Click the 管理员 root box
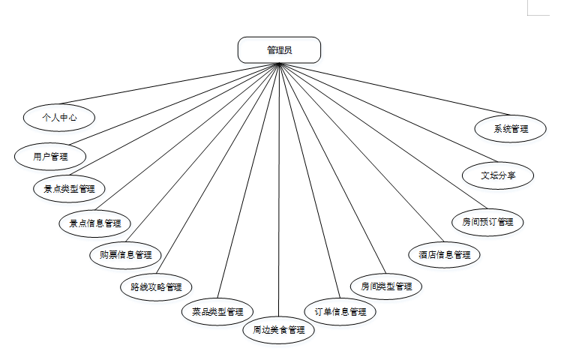click(x=279, y=50)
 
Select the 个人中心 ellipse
click(x=58, y=117)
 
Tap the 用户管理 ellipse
click(x=50, y=156)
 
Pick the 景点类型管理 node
click(x=69, y=188)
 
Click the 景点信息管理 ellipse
click(x=94, y=223)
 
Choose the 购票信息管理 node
click(x=125, y=254)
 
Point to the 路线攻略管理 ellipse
click(x=156, y=286)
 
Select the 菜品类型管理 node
click(x=217, y=311)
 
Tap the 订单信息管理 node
click(x=340, y=311)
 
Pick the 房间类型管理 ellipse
click(x=386, y=286)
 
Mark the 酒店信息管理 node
click(x=444, y=254)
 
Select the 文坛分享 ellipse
click(x=498, y=175)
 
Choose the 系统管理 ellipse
click(x=511, y=128)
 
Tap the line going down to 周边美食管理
click(x=279, y=187)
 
